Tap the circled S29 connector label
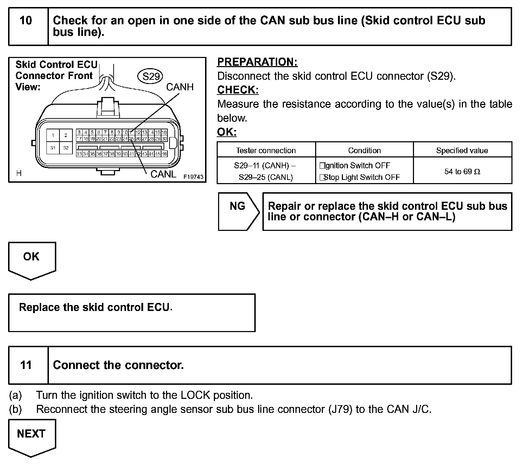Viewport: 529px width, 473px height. [x=151, y=76]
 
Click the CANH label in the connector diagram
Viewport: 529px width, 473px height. [x=180, y=87]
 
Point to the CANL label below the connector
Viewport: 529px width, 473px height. [x=163, y=174]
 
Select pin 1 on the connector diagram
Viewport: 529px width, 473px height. [x=53, y=135]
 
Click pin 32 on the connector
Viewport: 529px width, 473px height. [x=66, y=148]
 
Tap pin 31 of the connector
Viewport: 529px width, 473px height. [x=53, y=148]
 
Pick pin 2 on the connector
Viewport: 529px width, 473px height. [x=66, y=135]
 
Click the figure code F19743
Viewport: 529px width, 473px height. [x=193, y=177]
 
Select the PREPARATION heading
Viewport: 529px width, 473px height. [x=257, y=62]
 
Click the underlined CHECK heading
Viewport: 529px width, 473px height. [x=238, y=90]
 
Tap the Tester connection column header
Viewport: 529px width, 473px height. [x=266, y=150]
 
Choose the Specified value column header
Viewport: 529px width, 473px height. [x=462, y=150]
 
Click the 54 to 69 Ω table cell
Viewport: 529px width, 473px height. [x=462, y=171]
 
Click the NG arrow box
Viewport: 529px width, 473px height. [x=238, y=211]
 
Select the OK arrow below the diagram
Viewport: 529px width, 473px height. [x=32, y=260]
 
